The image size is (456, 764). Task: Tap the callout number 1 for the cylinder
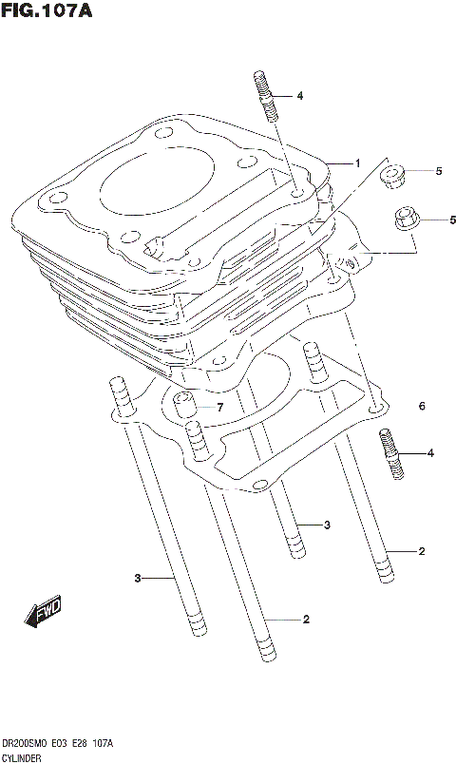(x=357, y=163)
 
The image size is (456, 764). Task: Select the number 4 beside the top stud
(x=299, y=96)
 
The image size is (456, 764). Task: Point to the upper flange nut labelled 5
(x=391, y=177)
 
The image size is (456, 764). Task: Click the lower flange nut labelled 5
(x=405, y=220)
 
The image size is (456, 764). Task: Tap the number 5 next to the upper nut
(x=439, y=171)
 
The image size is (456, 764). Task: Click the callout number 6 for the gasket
(x=420, y=407)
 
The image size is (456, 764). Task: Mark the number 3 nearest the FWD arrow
(x=137, y=578)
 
